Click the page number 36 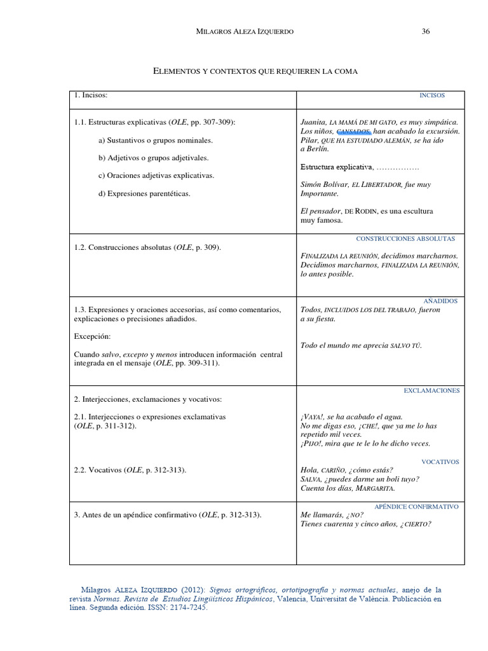(426, 32)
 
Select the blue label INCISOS (432, 95)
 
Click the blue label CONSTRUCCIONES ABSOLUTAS (405, 239)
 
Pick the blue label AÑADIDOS (440, 301)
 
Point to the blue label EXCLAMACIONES (431, 390)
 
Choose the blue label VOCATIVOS (440, 462)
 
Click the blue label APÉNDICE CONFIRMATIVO (416, 507)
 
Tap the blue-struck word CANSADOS (353, 131)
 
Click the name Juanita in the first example (313, 121)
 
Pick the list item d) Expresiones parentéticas (144, 193)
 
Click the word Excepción (92, 336)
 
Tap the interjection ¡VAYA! (313, 417)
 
